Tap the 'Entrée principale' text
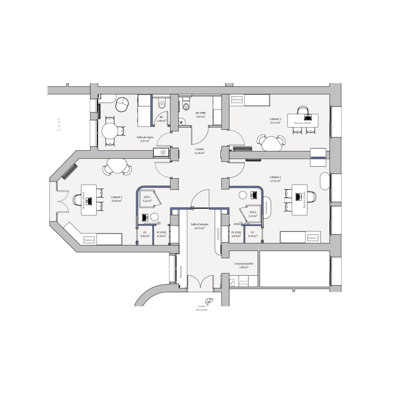pyautogui.click(x=201, y=308)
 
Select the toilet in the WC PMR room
pyautogui.click(x=186, y=105)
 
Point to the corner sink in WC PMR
pyautogui.click(x=182, y=122)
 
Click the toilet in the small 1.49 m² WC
pyautogui.click(x=162, y=104)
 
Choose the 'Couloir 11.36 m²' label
pyautogui.click(x=200, y=151)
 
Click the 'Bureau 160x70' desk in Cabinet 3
pyautogui.click(x=303, y=120)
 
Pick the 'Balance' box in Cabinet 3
pyautogui.click(x=237, y=100)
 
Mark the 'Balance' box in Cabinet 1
pyautogui.click(x=89, y=239)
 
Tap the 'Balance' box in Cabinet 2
pyautogui.click(x=312, y=238)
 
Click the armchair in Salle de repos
pyautogui.click(x=123, y=104)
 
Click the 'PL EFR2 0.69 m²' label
pyautogui.click(x=236, y=234)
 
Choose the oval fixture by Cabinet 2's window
pyautogui.click(x=325, y=181)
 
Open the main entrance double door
pyautogui.click(x=200, y=282)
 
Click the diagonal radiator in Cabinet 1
pyautogui.click(x=69, y=172)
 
